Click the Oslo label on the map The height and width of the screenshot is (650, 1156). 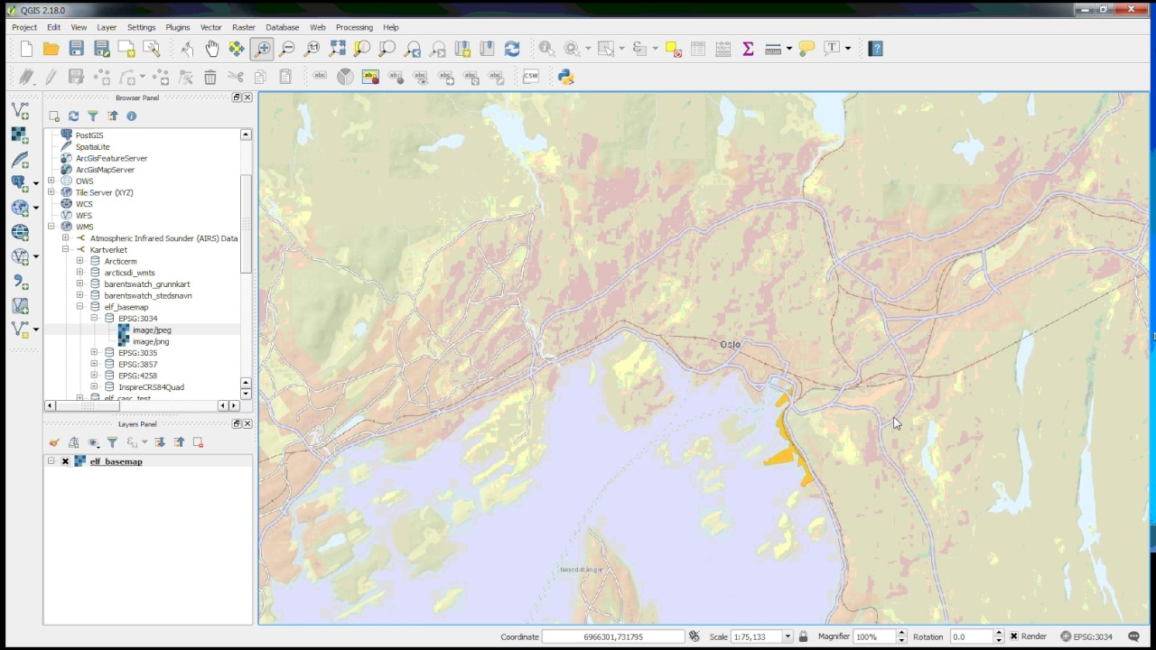(x=730, y=345)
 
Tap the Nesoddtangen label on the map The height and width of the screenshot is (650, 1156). (x=581, y=570)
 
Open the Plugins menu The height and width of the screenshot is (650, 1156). (x=177, y=28)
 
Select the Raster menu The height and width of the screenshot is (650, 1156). (x=243, y=28)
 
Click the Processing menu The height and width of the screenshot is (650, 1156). (x=354, y=28)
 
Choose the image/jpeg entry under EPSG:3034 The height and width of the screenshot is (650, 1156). (x=152, y=330)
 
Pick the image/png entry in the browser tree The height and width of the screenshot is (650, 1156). (x=151, y=342)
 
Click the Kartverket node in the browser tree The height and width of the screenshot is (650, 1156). (x=108, y=250)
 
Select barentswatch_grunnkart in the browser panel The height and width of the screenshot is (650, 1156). (x=146, y=284)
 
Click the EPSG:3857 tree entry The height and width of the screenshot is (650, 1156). (x=137, y=365)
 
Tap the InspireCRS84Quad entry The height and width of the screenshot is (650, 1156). (x=151, y=387)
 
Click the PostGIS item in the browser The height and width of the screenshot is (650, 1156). (x=89, y=135)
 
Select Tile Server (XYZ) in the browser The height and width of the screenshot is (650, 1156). (x=104, y=192)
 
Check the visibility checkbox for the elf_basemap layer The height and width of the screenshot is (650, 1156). (x=65, y=461)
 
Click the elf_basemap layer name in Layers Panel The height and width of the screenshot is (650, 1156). (x=116, y=461)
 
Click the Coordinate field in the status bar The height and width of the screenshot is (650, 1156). (x=613, y=636)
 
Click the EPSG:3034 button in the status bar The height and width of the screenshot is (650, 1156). (x=1086, y=636)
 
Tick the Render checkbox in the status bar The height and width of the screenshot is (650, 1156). (x=1014, y=636)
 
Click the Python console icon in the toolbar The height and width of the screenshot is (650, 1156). (x=566, y=77)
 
